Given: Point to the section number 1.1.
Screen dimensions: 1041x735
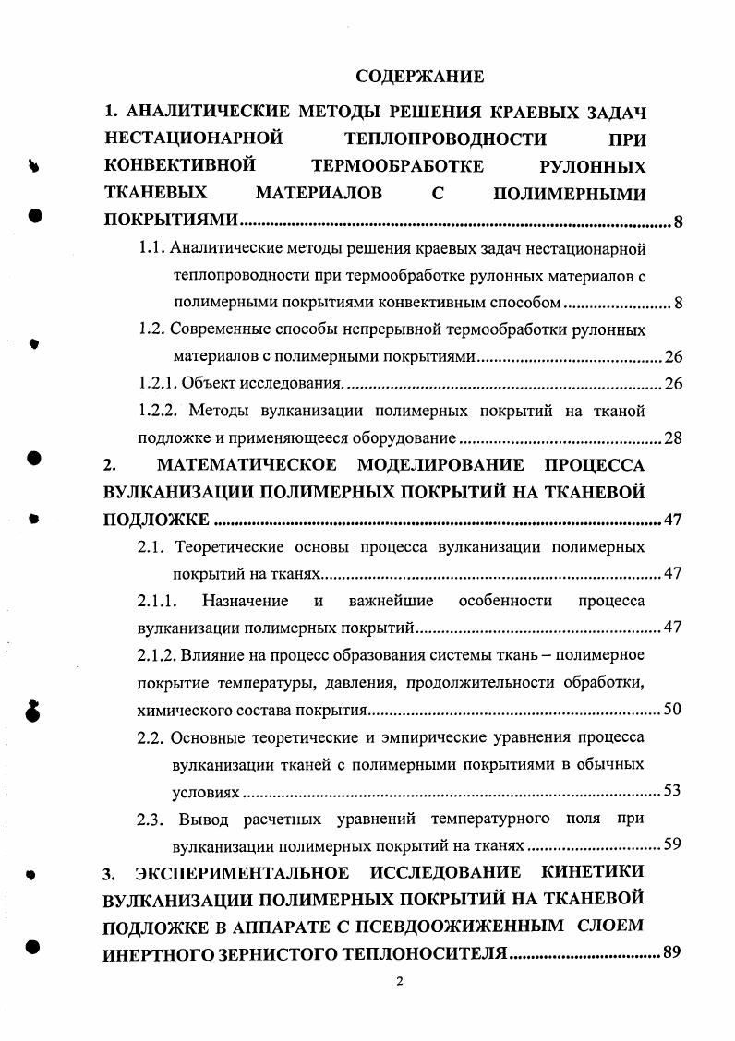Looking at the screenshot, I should [x=151, y=248].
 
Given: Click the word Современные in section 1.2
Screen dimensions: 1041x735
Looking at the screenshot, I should [x=222, y=329].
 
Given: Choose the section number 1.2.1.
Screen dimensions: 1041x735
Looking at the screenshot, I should [x=156, y=383].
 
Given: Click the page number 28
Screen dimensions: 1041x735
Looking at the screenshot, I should [x=672, y=437].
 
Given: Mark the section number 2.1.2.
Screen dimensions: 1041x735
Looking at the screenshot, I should [x=156, y=655].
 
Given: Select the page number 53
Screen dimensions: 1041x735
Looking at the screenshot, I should [x=672, y=792].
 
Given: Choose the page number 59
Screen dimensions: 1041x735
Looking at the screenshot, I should [x=672, y=845].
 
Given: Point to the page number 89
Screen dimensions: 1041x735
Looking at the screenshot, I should [x=671, y=954].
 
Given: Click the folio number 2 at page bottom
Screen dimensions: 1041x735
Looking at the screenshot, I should [x=400, y=981].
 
